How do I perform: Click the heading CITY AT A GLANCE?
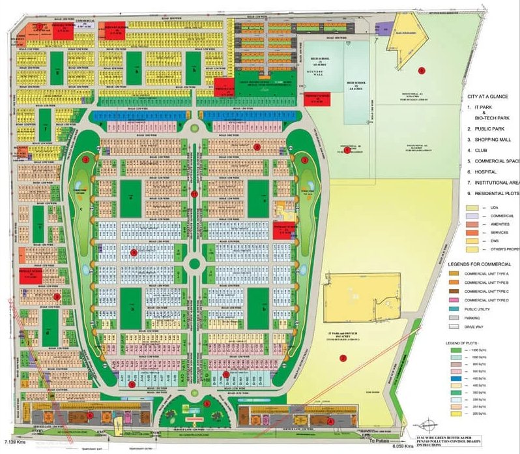[x=493, y=96]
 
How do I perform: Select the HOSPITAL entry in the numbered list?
[x=490, y=172]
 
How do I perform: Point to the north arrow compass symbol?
[x=432, y=423]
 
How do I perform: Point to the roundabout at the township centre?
[x=194, y=264]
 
